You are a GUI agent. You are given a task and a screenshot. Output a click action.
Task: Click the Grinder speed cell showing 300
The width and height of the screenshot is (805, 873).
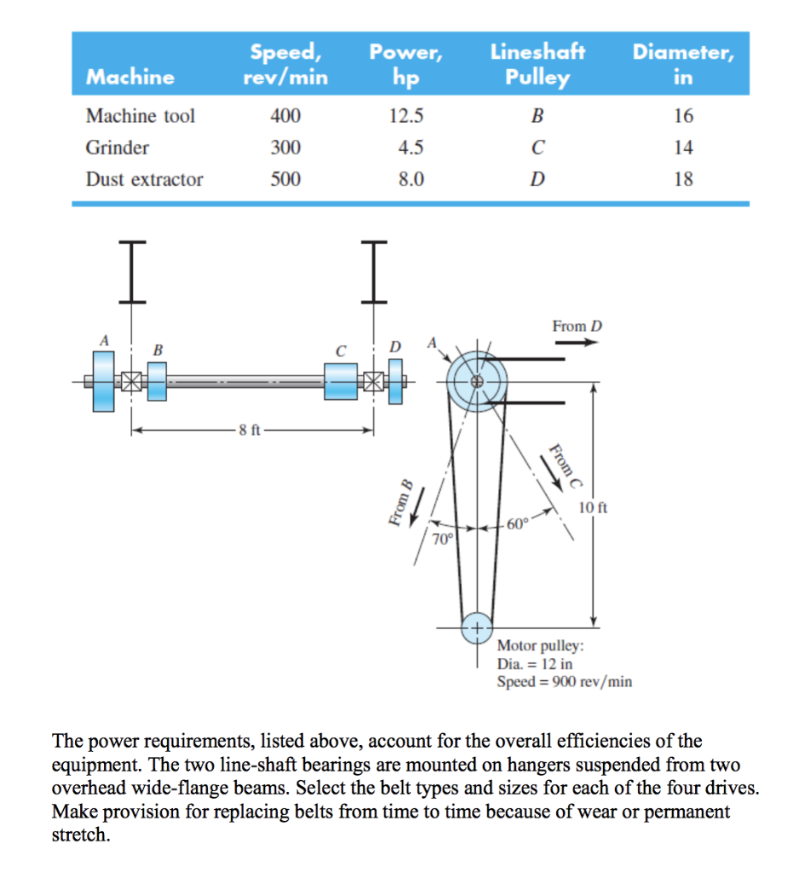point(285,147)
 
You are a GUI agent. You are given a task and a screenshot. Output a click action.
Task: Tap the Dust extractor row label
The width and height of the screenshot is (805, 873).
point(144,179)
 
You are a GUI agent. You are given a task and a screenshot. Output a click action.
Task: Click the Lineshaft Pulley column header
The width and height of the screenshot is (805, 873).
point(538,65)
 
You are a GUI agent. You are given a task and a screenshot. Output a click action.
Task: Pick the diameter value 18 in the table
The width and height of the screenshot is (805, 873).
point(683,179)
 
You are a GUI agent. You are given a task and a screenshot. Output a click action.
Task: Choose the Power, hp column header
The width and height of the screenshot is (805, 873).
point(406,65)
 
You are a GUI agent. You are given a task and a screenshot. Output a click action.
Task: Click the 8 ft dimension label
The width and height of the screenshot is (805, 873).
point(250,431)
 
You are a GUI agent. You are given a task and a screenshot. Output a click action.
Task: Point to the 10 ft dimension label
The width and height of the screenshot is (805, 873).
point(593,508)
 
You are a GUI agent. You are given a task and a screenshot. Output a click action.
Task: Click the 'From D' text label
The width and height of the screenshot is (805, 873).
point(577,327)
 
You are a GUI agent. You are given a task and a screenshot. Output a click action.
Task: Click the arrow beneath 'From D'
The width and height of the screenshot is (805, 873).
point(577,343)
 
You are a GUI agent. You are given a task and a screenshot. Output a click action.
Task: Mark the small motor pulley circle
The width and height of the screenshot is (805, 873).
point(476,629)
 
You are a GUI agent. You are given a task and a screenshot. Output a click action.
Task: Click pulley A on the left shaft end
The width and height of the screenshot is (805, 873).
point(104,381)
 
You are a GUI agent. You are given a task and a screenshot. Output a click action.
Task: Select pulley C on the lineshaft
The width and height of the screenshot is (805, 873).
point(342,381)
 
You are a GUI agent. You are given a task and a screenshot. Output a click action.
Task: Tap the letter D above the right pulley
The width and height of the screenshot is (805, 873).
point(394,347)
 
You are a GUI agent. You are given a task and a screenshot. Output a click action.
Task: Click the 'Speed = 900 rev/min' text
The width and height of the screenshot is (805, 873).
point(564,682)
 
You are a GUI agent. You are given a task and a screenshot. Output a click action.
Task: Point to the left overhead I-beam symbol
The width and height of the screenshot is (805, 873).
point(130,271)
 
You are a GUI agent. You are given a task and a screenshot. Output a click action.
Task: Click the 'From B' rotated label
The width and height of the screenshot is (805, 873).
point(400,503)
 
